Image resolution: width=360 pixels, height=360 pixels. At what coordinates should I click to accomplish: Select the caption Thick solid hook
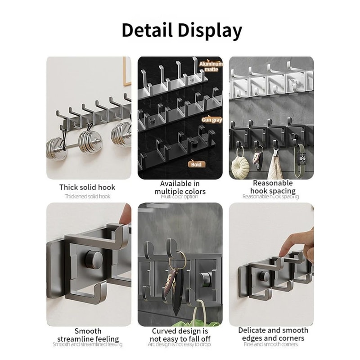[x=87, y=187]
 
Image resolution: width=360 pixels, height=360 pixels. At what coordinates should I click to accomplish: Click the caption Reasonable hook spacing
[x=272, y=187]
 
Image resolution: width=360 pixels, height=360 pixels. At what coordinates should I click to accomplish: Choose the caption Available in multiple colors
[x=180, y=188]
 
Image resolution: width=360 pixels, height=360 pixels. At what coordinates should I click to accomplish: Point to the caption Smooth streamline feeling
[x=88, y=335]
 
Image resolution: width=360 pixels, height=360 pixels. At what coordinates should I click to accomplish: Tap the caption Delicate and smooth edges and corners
[x=273, y=334]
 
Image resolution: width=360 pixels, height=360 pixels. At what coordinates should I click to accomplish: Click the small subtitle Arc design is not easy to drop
[x=179, y=344]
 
